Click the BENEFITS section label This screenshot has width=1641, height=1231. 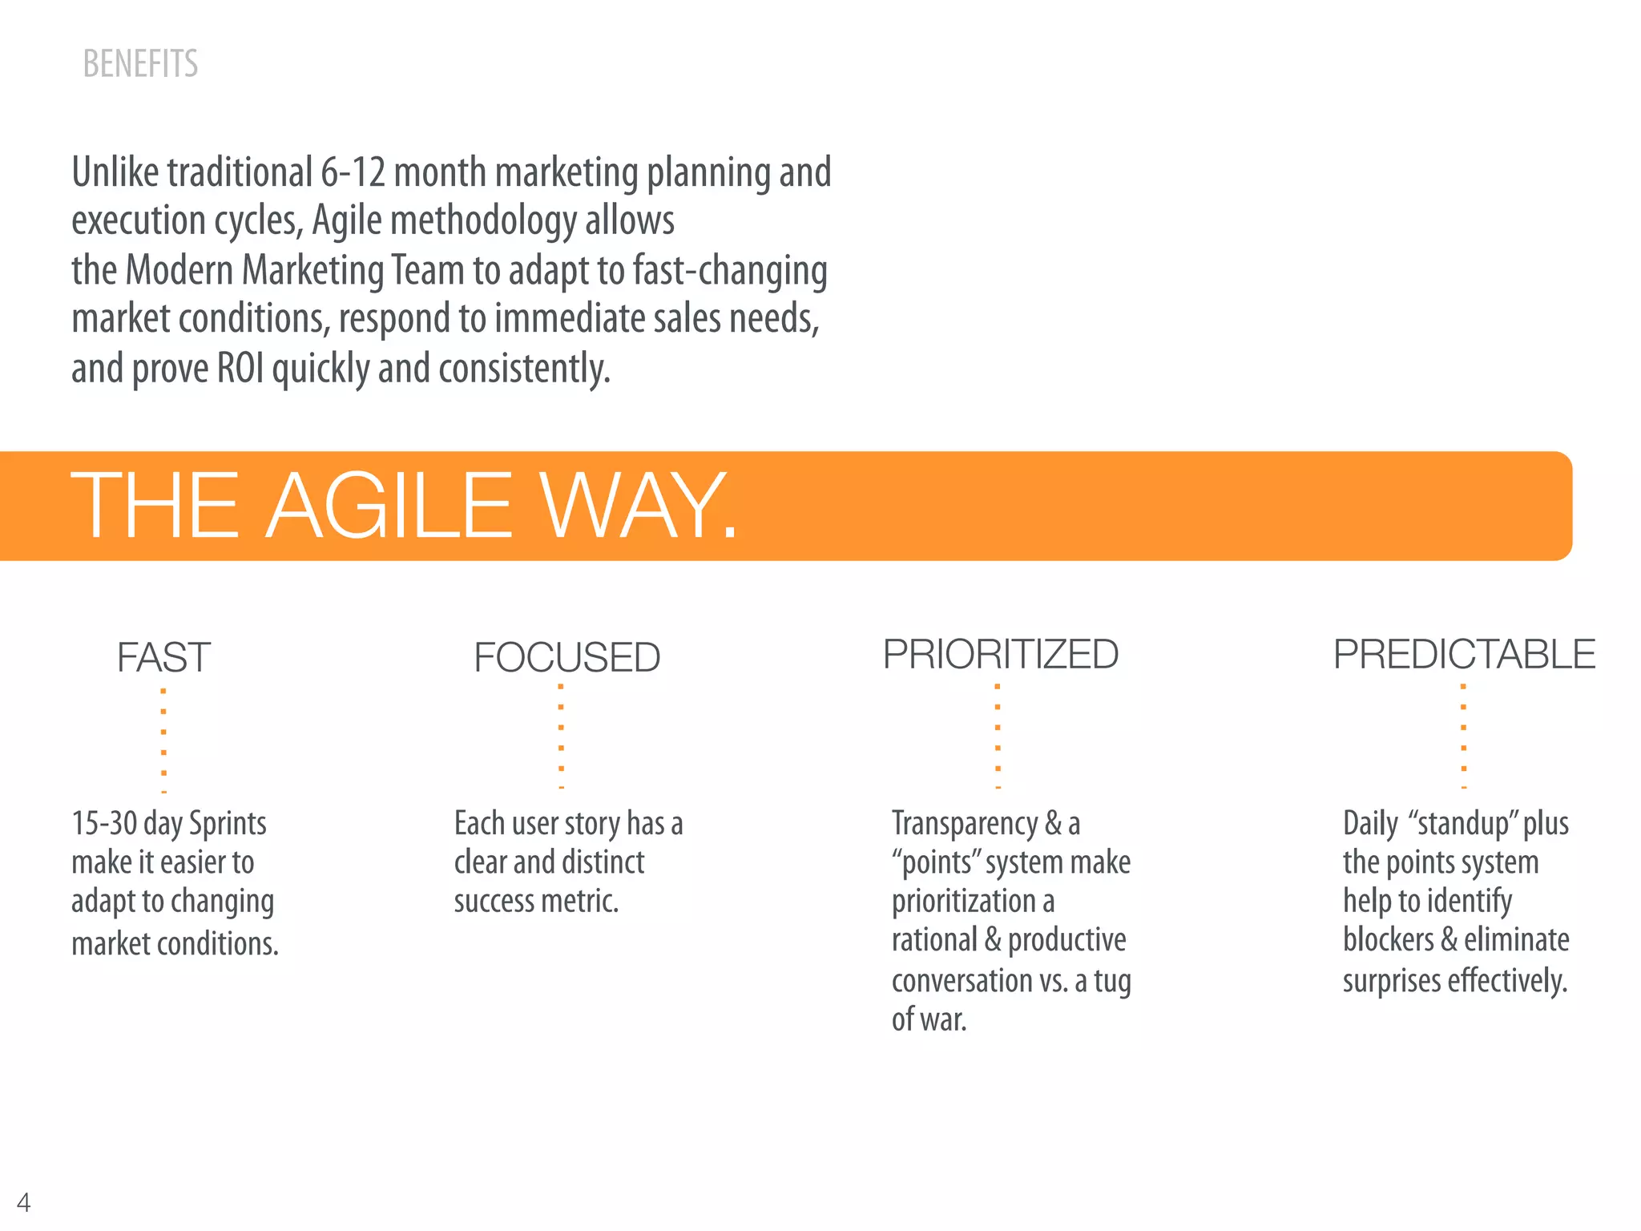click(140, 64)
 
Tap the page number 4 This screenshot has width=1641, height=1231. click(24, 1202)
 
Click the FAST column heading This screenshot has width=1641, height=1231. click(163, 657)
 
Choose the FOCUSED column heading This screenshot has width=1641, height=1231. click(566, 657)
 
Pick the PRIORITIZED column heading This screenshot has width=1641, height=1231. click(1000, 654)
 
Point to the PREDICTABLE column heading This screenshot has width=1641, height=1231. click(1464, 654)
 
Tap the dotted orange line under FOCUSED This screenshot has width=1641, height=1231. click(561, 736)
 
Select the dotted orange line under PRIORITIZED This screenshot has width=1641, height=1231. click(998, 736)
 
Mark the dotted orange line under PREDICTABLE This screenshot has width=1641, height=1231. click(1464, 736)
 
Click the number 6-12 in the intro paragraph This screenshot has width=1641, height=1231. click(352, 172)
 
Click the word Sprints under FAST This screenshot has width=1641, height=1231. click(228, 824)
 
